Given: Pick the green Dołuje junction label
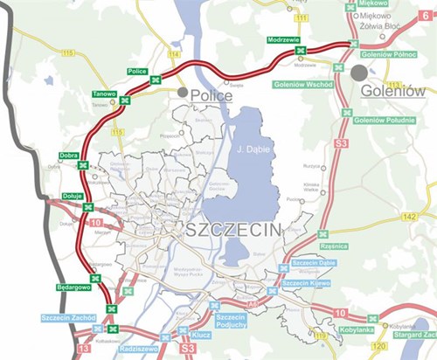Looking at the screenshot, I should coord(73,196).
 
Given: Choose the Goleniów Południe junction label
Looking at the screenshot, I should coord(389,120).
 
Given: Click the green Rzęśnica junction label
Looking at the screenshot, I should coord(333,246).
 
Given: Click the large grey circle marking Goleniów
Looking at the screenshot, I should coord(361,72).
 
